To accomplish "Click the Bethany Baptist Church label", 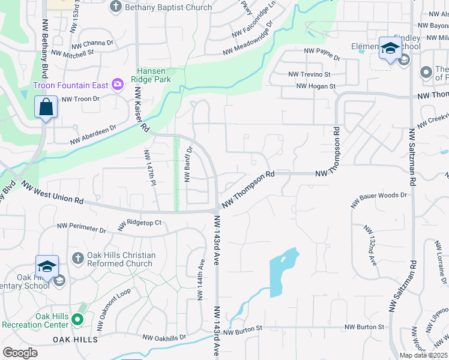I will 169,7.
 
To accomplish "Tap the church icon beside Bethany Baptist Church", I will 116,7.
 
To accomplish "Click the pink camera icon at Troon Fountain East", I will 118,85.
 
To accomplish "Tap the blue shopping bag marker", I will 46,107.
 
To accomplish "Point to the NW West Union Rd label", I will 52,193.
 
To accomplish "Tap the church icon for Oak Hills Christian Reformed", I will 77,259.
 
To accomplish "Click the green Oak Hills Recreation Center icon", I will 77,320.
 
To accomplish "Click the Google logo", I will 20,353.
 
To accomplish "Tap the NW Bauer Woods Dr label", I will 379,196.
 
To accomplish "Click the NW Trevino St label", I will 309,74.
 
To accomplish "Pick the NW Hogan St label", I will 315,86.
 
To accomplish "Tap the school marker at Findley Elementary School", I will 390,49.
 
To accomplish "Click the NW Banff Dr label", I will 187,164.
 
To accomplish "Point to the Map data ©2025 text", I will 424,355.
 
